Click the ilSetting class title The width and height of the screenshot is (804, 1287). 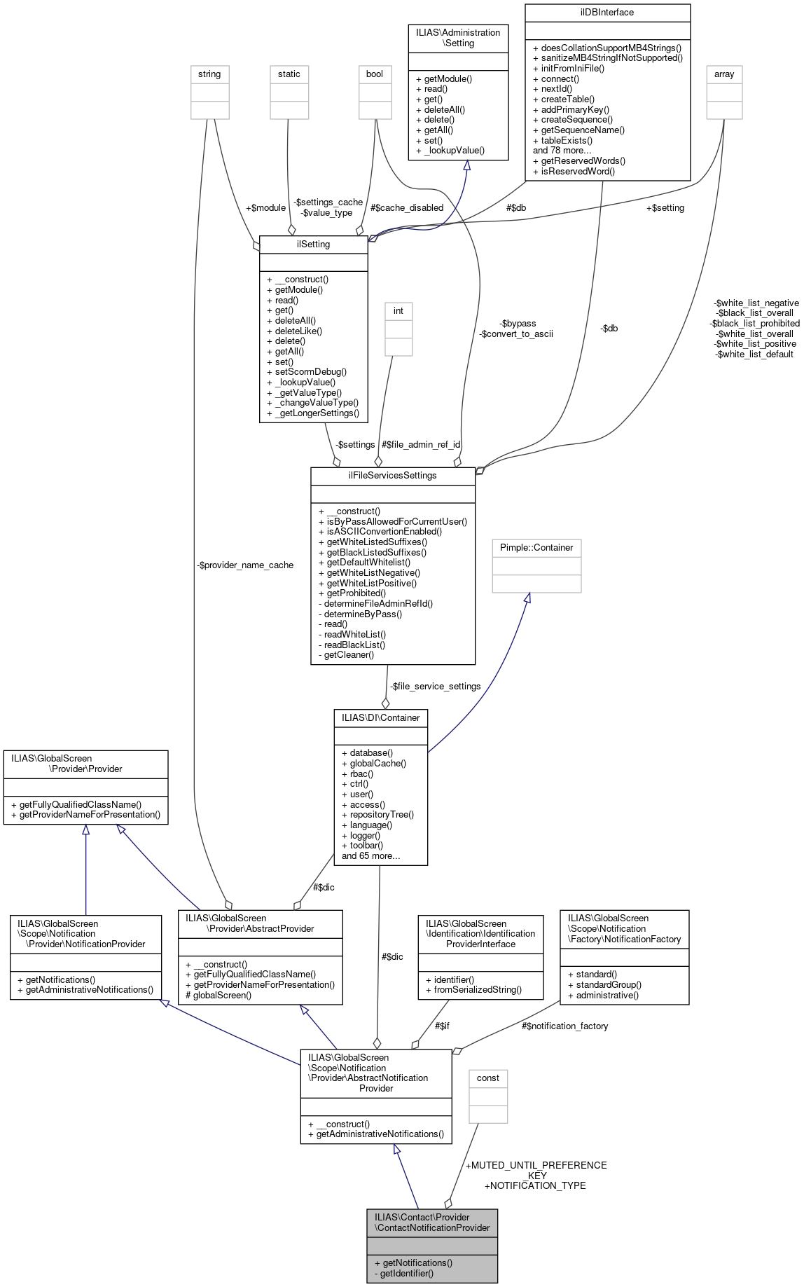click(x=313, y=245)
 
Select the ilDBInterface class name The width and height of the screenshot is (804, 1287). click(x=607, y=13)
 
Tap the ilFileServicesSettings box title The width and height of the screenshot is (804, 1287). click(x=392, y=476)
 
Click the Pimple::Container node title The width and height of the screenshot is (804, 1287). click(x=536, y=548)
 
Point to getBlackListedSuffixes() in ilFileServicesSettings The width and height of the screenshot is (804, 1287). click(x=376, y=552)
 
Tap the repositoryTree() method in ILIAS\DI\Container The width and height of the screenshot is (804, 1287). click(x=382, y=815)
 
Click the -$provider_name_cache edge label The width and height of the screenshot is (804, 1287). click(x=245, y=565)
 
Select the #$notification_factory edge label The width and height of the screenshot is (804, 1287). click(x=564, y=1026)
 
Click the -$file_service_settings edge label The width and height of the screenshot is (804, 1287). click(x=435, y=687)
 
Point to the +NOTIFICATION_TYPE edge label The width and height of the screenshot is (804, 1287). click(x=535, y=1185)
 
